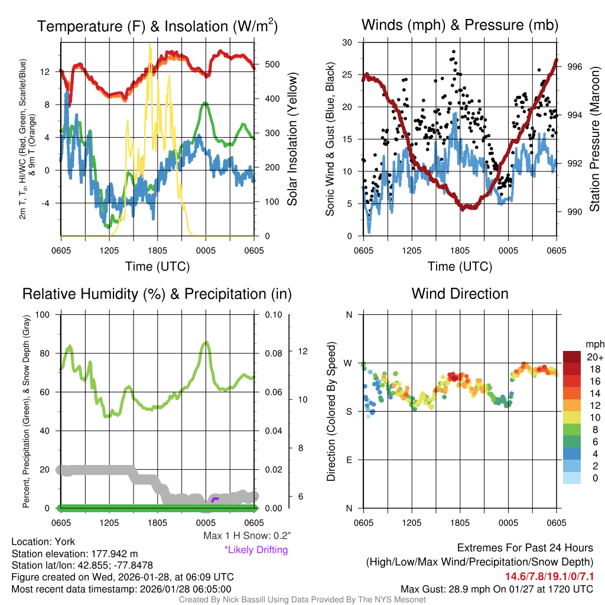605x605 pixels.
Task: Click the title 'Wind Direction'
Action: [x=460, y=294]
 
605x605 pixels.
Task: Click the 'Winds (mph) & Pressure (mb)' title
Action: [x=460, y=25]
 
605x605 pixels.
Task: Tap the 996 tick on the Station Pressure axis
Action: [x=575, y=67]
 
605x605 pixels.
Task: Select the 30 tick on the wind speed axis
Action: [x=347, y=43]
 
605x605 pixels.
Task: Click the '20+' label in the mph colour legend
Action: [x=594, y=357]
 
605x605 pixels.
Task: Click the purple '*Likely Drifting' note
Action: [x=256, y=549]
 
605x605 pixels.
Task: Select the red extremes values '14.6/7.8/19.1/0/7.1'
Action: [x=549, y=576]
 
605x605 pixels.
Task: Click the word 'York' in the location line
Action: [x=64, y=541]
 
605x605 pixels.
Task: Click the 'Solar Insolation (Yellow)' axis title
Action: [x=292, y=139]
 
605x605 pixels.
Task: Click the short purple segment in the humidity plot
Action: [x=215, y=500]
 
